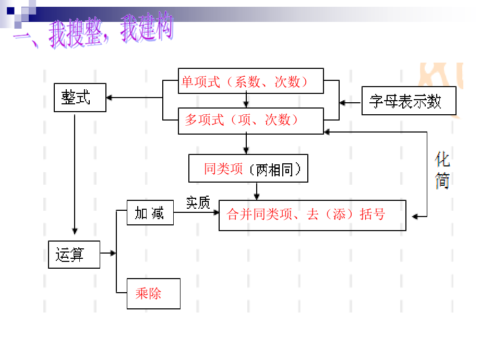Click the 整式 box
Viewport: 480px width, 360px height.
point(80,98)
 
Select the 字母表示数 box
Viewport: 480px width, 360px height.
point(409,101)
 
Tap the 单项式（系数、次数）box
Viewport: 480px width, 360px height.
point(250,81)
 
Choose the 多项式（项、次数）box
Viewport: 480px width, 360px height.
point(250,121)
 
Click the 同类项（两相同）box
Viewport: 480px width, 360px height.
point(248,169)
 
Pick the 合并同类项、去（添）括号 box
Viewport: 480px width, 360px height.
point(312,215)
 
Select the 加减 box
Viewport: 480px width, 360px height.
point(150,214)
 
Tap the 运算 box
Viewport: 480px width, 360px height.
point(74,255)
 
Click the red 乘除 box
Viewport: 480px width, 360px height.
point(153,294)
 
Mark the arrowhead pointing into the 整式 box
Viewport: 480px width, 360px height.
point(110,98)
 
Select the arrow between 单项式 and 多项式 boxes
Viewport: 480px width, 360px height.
point(246,101)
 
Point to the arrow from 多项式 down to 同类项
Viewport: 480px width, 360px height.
point(246,143)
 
